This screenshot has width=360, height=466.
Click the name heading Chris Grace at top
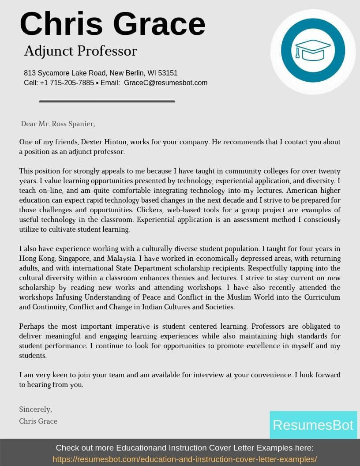click(112, 24)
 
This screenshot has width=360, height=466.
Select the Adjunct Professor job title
click(80, 51)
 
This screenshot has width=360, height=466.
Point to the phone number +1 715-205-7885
click(67, 83)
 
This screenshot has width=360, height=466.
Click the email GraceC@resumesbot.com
click(165, 83)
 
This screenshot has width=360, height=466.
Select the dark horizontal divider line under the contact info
click(107, 101)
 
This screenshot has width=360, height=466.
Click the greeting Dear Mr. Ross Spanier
click(58, 124)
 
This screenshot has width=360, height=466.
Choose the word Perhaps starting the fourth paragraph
click(32, 327)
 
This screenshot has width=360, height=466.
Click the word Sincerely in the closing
click(35, 410)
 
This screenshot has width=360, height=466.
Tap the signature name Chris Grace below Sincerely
click(38, 421)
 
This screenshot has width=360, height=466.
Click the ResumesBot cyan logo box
click(313, 425)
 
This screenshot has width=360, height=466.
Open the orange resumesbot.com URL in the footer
click(184, 459)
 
